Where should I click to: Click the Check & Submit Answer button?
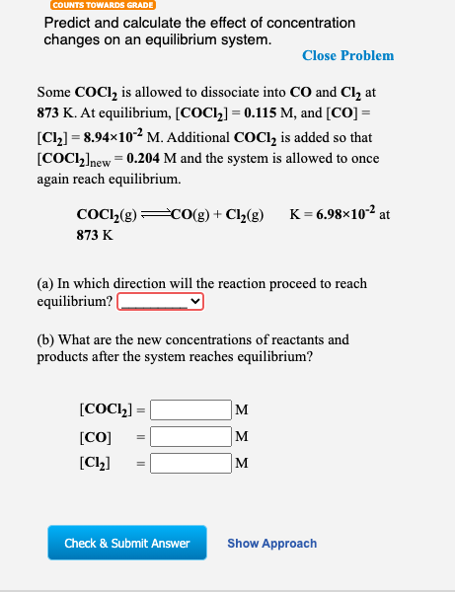(127, 543)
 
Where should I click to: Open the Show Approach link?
(271, 544)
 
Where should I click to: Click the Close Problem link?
(347, 56)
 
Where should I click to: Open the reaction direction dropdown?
(160, 301)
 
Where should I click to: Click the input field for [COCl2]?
(190, 408)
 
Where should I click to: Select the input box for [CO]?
(190, 435)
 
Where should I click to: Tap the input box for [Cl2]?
(190, 461)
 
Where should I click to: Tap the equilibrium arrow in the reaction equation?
(157, 215)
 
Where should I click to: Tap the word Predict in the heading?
(67, 23)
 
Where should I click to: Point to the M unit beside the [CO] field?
(242, 436)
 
